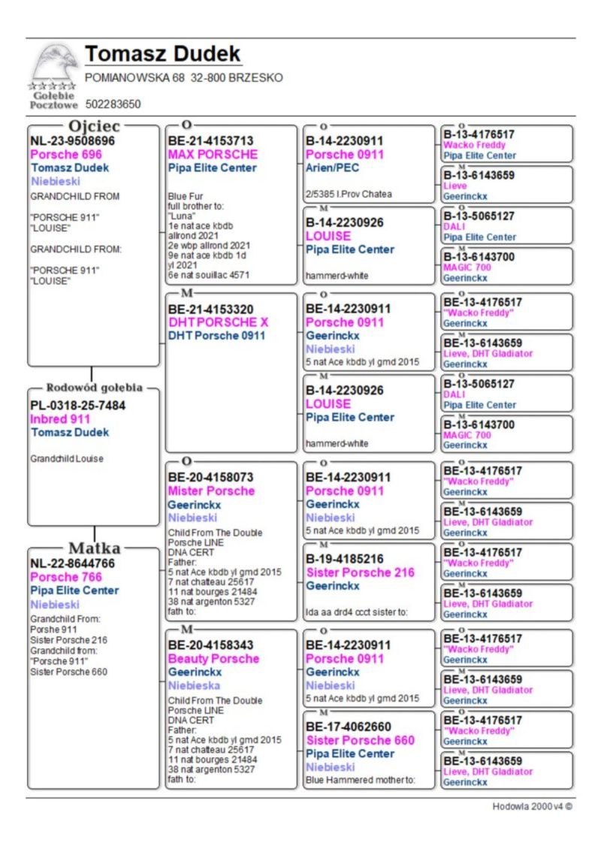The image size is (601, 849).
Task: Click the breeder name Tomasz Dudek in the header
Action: coord(163,54)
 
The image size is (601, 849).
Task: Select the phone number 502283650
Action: coord(113,104)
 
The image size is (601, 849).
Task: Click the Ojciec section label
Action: coord(94,125)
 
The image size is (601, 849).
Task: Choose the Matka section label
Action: coord(94,547)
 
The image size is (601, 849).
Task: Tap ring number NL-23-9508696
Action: coord(73,140)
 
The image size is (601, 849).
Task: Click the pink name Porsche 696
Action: coord(66,154)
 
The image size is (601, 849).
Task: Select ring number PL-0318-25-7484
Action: coord(78,406)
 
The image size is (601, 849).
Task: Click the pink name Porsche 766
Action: coord(66,577)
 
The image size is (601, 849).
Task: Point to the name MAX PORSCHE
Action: coord(213,154)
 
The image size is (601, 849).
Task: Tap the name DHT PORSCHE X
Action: coord(218,322)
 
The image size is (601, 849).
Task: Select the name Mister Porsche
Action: coord(211,491)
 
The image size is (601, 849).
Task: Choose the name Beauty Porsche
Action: coord(213,659)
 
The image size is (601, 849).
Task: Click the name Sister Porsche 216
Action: coord(360,572)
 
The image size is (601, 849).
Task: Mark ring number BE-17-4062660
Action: coord(354,727)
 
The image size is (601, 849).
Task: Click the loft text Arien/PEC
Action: coord(332,168)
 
